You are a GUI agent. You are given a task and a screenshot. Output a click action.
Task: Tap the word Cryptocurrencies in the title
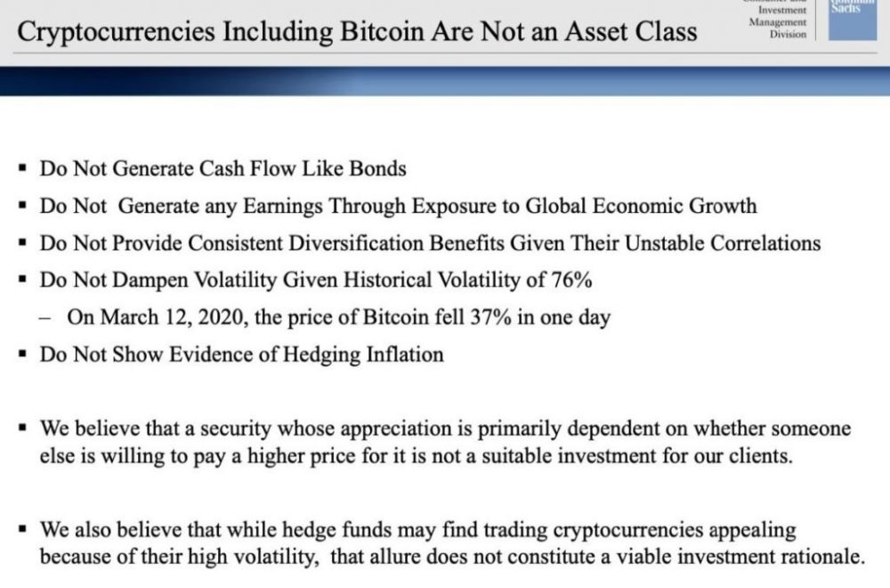coord(117,32)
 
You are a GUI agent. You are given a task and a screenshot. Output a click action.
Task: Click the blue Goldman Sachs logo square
coord(853,20)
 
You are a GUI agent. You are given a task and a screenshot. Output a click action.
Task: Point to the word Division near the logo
coord(788,34)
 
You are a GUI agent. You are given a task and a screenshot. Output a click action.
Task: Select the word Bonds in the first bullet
coord(378,168)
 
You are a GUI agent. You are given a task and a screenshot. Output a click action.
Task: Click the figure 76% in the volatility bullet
coord(571,280)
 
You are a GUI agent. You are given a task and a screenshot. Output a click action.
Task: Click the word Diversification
coord(356,243)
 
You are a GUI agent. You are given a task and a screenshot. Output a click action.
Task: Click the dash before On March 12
coord(45,318)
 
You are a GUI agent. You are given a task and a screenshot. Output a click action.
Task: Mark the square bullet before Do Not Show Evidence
coord(23,355)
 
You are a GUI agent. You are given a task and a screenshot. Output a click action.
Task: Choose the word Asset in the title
coord(596,31)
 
